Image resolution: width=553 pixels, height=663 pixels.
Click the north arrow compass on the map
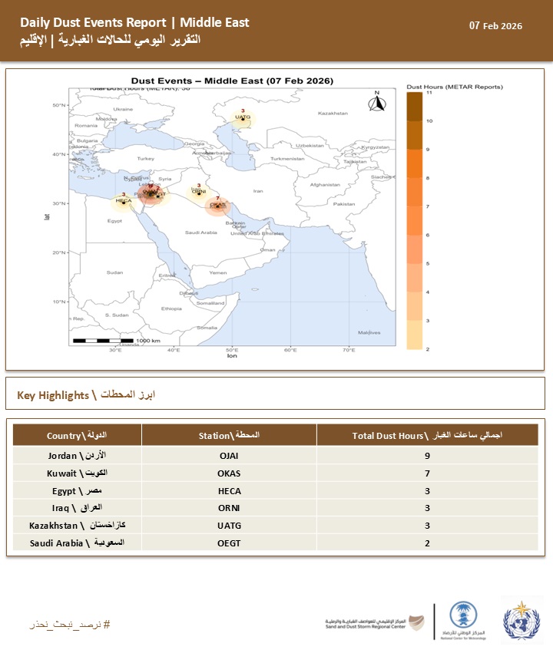[376, 103]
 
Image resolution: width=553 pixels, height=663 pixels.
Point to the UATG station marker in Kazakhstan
[243, 118]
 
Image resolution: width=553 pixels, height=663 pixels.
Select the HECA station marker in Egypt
[123, 201]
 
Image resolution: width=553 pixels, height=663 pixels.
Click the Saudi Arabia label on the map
[203, 233]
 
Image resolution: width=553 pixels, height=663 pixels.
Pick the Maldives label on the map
[369, 332]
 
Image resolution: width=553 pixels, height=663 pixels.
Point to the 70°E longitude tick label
[349, 351]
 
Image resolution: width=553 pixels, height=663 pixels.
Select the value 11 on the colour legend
[429, 92]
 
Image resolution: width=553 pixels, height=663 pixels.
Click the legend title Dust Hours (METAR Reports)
[454, 87]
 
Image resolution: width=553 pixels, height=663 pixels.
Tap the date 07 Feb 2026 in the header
[495, 26]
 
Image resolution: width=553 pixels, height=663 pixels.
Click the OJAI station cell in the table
[229, 456]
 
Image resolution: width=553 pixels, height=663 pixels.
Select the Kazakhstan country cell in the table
[77, 526]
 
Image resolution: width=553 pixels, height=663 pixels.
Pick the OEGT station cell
[229, 543]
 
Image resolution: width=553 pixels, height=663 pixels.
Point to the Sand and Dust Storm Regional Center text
[365, 626]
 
